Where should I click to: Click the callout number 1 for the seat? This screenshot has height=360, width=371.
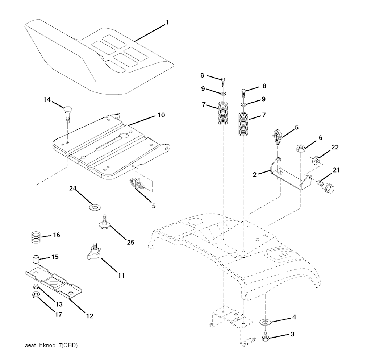tap(167, 22)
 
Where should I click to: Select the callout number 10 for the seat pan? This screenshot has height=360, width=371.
tap(161, 115)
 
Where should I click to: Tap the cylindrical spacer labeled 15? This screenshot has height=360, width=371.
tap(36, 259)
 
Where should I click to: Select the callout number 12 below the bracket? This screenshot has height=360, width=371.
tap(90, 316)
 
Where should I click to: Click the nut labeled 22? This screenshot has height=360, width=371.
tap(316, 160)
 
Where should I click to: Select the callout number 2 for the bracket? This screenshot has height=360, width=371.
tap(255, 175)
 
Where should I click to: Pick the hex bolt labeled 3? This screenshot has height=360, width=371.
tap(265, 336)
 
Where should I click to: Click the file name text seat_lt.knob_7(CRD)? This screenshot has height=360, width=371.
tap(51, 345)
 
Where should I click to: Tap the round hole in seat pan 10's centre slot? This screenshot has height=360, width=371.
tap(124, 135)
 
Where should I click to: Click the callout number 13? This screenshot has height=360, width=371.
tap(59, 304)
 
